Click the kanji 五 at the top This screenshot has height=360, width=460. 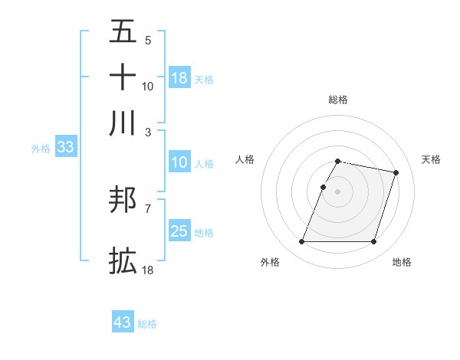123,32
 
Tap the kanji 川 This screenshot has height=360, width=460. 123,123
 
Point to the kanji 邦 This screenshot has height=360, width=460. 123,201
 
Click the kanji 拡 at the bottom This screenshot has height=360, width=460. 123,260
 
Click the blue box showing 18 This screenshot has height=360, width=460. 179,78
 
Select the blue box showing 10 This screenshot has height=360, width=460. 179,162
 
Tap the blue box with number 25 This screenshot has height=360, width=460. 179,231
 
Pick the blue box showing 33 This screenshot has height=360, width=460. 65,148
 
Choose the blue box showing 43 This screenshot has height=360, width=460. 123,322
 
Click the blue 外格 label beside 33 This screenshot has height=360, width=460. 41,149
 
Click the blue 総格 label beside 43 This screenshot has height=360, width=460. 147,324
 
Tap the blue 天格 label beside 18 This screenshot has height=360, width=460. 204,79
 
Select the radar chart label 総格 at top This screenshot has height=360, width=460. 337,100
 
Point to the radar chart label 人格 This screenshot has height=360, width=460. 245,159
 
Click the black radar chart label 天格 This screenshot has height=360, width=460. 431,159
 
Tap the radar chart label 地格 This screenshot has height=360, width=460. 402,262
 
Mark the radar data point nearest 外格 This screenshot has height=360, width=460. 301,242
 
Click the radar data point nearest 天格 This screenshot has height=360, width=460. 396,173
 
